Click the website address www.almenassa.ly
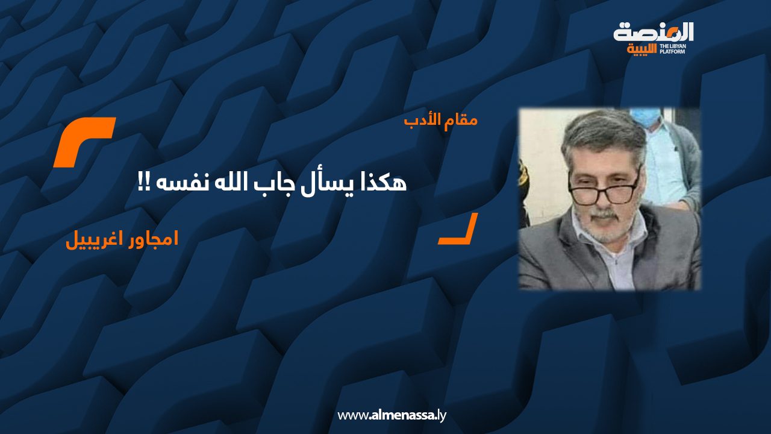(392, 416)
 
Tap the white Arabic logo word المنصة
(654, 33)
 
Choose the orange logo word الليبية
(642, 49)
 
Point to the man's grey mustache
(603, 213)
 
